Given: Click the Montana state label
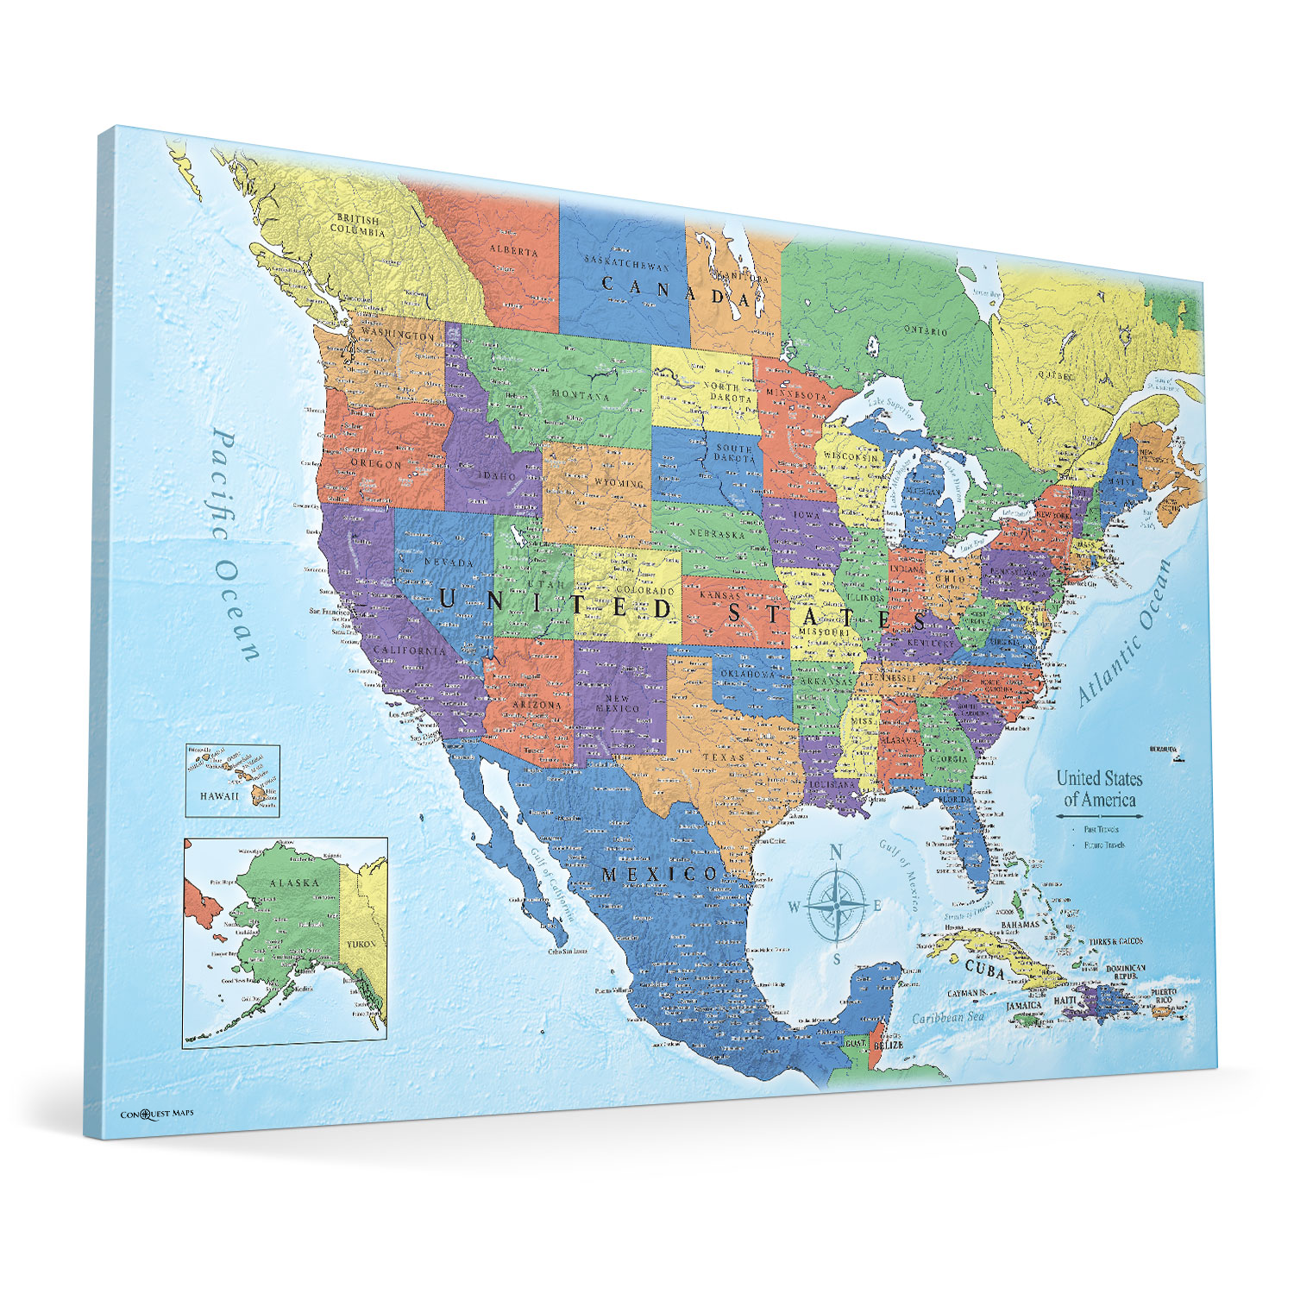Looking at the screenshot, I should [580, 395].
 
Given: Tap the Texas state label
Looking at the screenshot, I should [723, 757].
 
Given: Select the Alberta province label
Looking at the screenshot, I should [513, 251].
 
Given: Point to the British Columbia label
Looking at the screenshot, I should [357, 225].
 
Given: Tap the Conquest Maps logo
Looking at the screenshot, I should [156, 1114].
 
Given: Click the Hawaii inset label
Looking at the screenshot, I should [219, 795].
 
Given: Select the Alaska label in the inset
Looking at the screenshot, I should [294, 883].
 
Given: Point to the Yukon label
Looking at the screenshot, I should [361, 944].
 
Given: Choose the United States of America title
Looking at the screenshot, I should [1099, 788].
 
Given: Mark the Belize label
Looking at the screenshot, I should [888, 1045].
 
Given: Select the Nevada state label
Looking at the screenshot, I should [449, 562].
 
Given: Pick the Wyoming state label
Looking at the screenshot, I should [619, 483].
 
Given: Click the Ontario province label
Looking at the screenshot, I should [925, 330].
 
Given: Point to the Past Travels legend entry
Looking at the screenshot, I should [1102, 829].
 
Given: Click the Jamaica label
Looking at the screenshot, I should [1024, 1005].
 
